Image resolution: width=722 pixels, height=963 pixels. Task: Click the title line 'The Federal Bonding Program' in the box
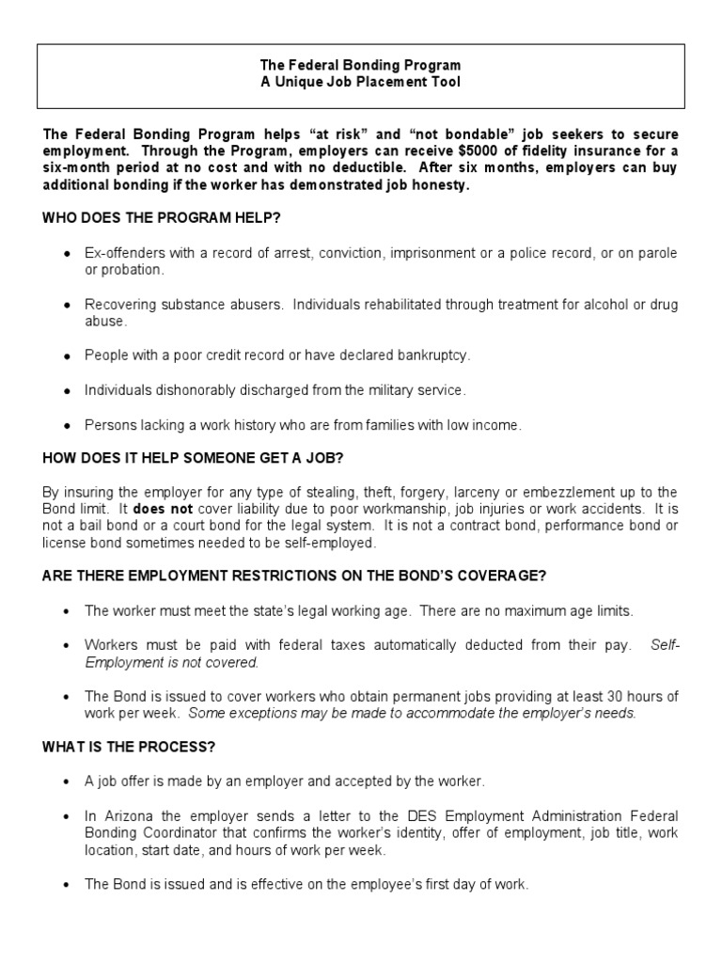[x=361, y=66]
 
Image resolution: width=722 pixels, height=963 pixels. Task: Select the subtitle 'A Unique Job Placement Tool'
[x=361, y=82]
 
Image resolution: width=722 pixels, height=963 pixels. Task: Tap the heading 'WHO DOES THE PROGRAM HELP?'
[x=162, y=218]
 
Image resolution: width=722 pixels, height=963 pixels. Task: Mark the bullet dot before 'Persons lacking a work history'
[x=66, y=426]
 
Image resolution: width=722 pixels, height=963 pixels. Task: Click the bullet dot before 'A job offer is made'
[x=66, y=782]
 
